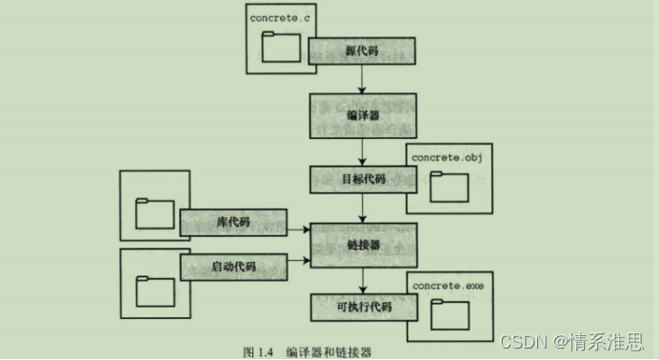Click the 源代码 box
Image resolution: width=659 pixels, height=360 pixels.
pyautogui.click(x=362, y=50)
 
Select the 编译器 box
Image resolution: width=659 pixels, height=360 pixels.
pyautogui.click(x=362, y=116)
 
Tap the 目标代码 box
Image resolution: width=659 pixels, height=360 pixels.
pyautogui.click(x=362, y=179)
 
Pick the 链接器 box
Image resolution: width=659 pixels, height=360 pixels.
pyautogui.click(x=362, y=246)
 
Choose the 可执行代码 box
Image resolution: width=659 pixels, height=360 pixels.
pyautogui.click(x=362, y=309)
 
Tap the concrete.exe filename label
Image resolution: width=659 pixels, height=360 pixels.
pyautogui.click(x=447, y=284)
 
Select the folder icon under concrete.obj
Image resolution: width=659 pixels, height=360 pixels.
pyautogui.click(x=449, y=186)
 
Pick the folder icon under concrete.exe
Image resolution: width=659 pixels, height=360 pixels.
pyautogui.click(x=449, y=313)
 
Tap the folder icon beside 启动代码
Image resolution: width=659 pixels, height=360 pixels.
pyautogui.click(x=154, y=290)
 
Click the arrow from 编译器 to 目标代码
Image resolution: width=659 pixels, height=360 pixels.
pyautogui.click(x=363, y=151)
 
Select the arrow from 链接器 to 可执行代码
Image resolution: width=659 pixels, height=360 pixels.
pyautogui.click(x=363, y=280)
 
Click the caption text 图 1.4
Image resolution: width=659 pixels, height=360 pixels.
pyautogui.click(x=258, y=351)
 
